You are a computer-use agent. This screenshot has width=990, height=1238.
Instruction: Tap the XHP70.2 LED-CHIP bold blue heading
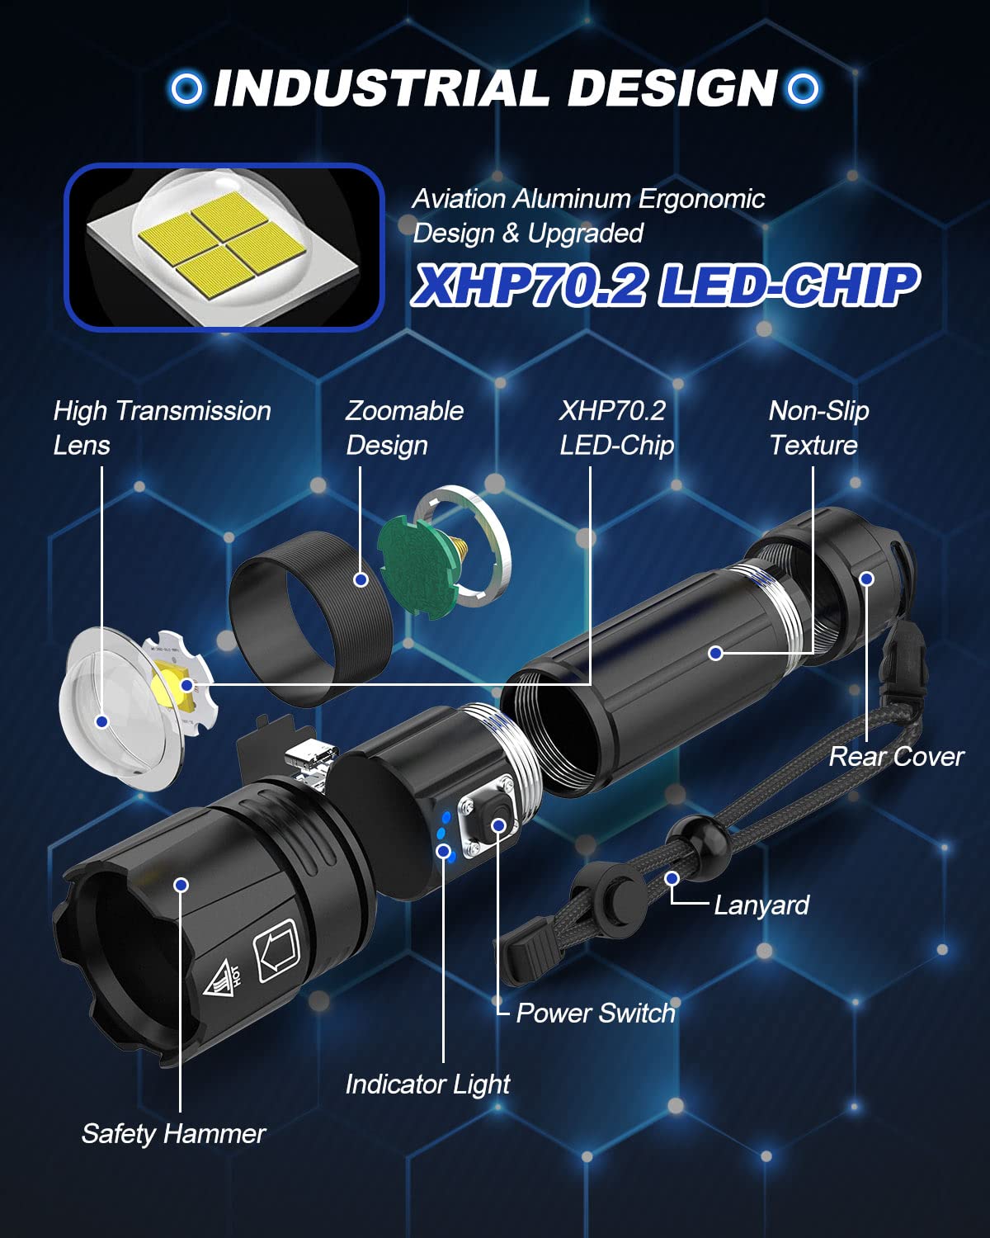665,286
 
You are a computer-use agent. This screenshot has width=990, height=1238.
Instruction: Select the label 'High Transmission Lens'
162,428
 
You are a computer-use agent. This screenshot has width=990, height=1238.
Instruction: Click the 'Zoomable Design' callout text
404,428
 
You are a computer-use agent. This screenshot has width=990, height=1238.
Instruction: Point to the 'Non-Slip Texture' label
818,428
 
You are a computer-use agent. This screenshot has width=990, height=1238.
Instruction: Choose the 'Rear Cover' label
896,757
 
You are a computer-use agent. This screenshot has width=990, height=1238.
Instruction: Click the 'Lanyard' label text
761,905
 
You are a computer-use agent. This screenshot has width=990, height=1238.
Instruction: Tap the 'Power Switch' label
595,1014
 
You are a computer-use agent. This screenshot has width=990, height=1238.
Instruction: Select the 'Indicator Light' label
427,1084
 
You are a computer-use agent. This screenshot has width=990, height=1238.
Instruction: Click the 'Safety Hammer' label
173,1134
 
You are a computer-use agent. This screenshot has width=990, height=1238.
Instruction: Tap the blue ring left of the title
186,88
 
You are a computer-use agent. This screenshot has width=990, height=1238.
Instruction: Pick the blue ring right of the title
802,88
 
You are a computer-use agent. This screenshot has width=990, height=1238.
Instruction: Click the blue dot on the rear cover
866,579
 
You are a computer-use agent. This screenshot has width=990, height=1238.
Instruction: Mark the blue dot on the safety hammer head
181,885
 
